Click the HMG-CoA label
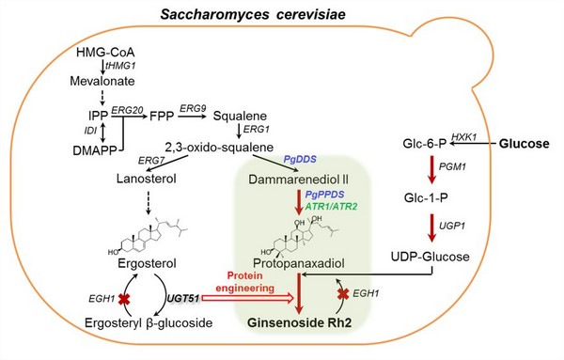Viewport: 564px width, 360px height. click(105, 53)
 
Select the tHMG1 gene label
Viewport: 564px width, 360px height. click(120, 66)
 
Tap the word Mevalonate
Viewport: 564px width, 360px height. click(102, 81)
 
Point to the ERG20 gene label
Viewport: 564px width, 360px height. click(127, 110)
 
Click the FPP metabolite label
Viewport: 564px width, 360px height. click(162, 117)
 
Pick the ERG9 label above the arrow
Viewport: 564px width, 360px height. click(193, 108)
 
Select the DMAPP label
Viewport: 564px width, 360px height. click(90, 150)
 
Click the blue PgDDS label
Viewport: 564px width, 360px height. click(300, 159)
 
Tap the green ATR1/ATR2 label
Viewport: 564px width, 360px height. click(331, 207)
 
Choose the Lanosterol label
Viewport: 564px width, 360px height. click(147, 179)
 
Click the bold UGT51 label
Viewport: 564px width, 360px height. click(183, 298)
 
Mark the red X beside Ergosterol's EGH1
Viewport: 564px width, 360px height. click(124, 299)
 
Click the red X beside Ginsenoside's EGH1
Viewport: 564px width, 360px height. click(343, 294)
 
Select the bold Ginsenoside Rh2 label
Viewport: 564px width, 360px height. click(300, 322)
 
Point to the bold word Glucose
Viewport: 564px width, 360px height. click(525, 144)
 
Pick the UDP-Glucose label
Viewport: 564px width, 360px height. click(431, 257)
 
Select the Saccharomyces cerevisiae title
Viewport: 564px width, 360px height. click(253, 15)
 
